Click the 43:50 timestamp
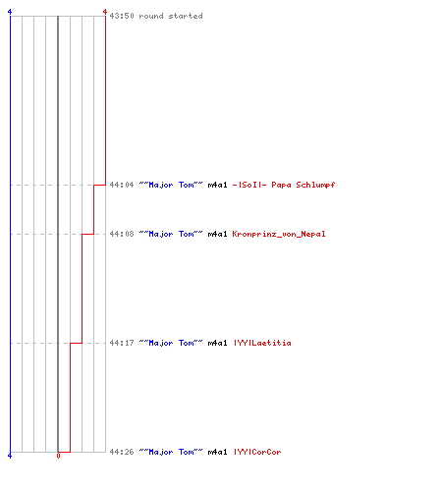(122, 16)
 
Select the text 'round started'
(171, 16)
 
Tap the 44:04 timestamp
(122, 185)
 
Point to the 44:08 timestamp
(122, 234)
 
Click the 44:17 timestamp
(122, 343)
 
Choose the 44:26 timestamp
(122, 452)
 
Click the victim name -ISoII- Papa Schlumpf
(284, 185)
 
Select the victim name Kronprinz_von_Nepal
(279, 234)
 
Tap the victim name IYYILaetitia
(262, 343)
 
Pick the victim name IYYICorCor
(257, 452)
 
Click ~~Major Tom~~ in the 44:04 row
(171, 185)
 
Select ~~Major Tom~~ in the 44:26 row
(171, 452)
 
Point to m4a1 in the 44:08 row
(217, 234)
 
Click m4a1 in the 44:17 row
(217, 343)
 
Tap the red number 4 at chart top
(105, 12)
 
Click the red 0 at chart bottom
(58, 456)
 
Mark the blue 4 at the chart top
(10, 12)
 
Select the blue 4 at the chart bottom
(10, 456)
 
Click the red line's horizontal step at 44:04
(99, 185)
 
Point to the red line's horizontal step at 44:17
(76, 343)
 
